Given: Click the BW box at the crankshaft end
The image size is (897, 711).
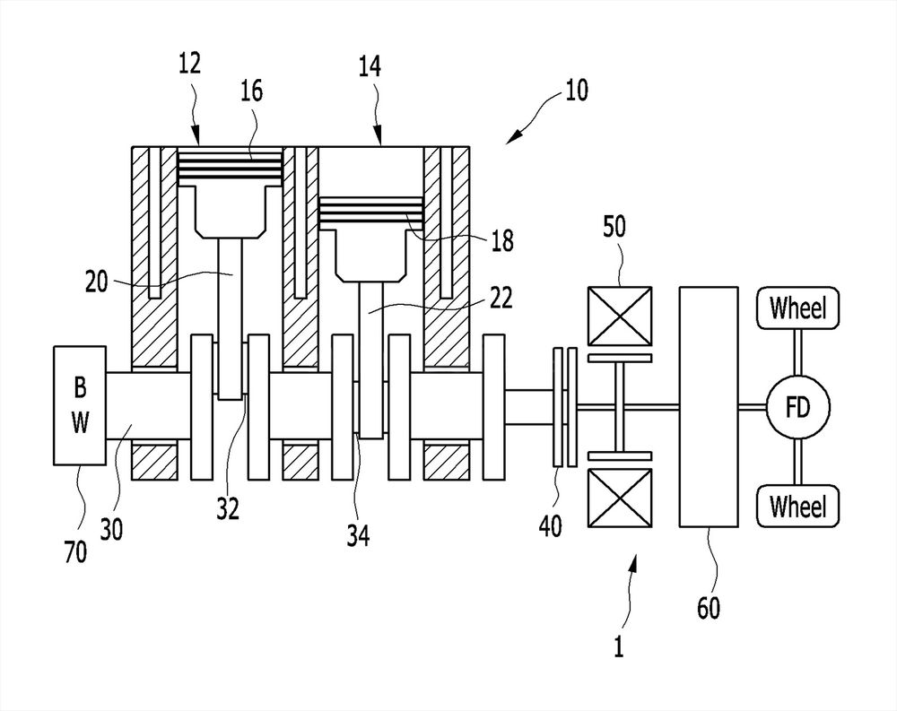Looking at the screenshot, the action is tap(80, 405).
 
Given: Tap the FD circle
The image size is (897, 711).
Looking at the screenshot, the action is tap(797, 407).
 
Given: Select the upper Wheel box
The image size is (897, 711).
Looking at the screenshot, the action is tap(797, 308).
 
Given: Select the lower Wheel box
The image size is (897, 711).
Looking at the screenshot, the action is tap(797, 507).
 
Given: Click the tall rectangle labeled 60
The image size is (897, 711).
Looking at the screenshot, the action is tap(709, 407).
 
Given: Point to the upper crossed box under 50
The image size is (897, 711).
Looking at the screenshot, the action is tap(620, 316).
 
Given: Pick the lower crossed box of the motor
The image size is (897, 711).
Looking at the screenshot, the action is tap(620, 498).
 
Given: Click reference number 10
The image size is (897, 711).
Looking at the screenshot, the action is tap(576, 91).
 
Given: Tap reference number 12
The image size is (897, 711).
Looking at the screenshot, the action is tap(190, 63).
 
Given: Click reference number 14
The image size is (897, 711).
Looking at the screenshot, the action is tap(370, 67).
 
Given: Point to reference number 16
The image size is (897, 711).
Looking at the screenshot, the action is tap(252, 91).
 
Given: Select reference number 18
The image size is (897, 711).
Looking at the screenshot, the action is tap(502, 241).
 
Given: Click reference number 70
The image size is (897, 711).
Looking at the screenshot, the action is tap(75, 552).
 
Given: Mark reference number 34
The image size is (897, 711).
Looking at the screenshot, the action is tap(358, 536).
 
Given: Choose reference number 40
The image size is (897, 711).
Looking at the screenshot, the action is tap(551, 525).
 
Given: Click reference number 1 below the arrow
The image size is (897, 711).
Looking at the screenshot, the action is tap(618, 647).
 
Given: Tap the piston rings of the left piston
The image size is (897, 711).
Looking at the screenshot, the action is tap(231, 167).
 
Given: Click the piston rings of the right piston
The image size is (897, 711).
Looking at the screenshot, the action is tap(370, 213).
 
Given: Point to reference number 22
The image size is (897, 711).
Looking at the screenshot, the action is tap(501, 298).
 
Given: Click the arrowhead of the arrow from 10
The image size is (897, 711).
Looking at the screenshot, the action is tap(515, 136).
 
